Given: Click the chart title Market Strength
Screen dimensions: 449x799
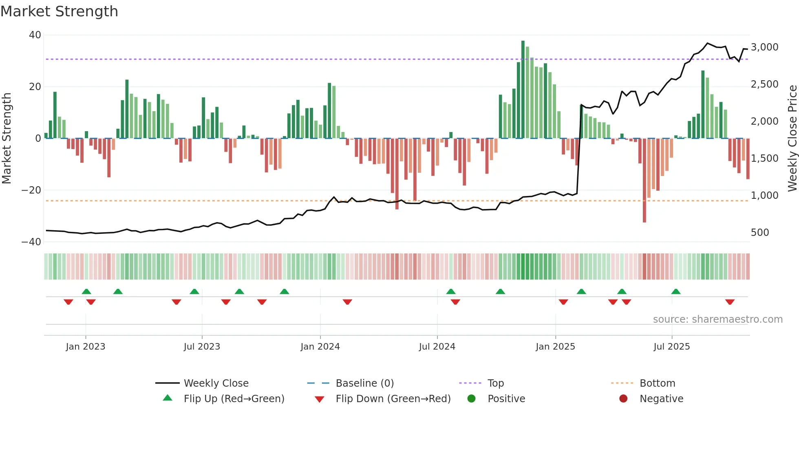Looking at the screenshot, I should [x=59, y=11].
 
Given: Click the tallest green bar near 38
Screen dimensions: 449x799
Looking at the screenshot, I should [x=523, y=90].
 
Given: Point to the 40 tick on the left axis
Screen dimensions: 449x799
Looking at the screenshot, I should [x=35, y=35].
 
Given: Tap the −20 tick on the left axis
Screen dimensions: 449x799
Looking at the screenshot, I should [x=31, y=190].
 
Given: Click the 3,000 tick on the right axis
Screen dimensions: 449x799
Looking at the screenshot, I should [x=764, y=47].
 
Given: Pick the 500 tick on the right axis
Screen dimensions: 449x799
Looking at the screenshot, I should [x=760, y=233].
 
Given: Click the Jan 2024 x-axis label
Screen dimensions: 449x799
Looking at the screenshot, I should [x=320, y=347].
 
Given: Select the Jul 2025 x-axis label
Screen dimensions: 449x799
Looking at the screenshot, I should [x=671, y=347].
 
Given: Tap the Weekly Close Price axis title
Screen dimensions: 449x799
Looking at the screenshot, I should [x=792, y=138].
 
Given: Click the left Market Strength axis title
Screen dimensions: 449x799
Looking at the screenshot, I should [x=7, y=138].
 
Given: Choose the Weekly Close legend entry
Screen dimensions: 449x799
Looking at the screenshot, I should [x=216, y=383].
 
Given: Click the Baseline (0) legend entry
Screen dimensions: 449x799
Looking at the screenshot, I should [x=364, y=383].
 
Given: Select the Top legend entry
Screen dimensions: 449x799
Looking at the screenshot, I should [x=495, y=383].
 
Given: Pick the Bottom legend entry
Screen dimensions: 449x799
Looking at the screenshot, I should [x=657, y=383].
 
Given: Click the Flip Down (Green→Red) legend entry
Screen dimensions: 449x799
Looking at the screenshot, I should [x=393, y=399].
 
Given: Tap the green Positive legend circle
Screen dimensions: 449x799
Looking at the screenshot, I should [x=472, y=399].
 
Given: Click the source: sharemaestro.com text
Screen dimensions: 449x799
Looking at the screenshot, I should [x=717, y=319].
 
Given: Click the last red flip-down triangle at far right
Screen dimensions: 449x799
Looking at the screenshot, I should [x=730, y=302].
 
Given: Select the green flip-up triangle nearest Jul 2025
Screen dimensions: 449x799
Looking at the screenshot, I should [x=676, y=292].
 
